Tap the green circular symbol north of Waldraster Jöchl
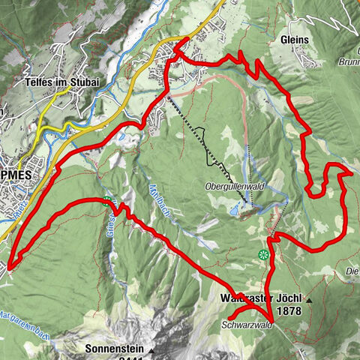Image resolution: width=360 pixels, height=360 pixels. (262, 255)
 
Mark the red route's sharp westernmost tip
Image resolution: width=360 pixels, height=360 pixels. (9, 264)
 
